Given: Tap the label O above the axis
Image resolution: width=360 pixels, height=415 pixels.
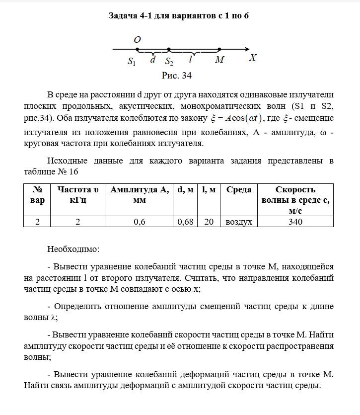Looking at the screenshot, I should pos(138,39).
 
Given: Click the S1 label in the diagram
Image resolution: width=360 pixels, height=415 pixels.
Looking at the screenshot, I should pos(132,62).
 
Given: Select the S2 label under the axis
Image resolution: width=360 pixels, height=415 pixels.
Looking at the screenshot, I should pos(169,62).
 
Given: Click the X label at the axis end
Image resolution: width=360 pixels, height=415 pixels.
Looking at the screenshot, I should pos(253,58).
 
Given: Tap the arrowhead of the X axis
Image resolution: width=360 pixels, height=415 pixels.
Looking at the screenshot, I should pos(246,49).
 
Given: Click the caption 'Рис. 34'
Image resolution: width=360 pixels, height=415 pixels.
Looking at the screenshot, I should pos(177,76).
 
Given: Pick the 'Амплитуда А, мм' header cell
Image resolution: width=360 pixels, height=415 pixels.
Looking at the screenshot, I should pos(140,195).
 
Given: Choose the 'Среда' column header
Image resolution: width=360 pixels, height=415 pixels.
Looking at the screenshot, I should pos(239,189).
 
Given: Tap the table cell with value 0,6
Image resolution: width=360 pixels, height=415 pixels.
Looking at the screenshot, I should pos(140,222).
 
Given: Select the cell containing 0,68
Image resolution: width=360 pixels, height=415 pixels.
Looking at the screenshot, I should pos(185,222).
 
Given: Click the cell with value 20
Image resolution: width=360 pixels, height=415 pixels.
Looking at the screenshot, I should pos(209,222).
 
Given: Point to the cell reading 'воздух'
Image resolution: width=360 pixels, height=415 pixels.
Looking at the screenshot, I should pos(239,222).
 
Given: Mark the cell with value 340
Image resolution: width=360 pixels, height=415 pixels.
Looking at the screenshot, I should pos(295,222).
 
